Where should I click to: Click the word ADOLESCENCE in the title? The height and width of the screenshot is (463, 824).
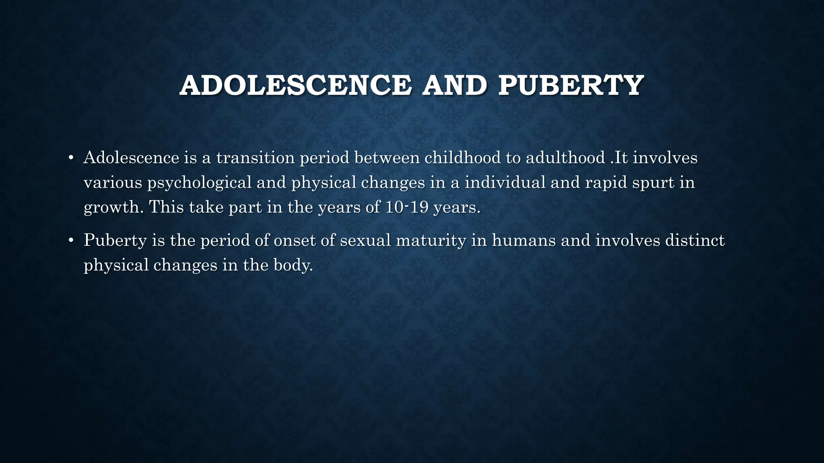pyautogui.click(x=296, y=86)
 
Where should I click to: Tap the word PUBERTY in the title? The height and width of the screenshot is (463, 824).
pyautogui.click(x=571, y=86)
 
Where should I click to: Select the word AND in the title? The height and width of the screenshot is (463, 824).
pyautogui.click(x=455, y=86)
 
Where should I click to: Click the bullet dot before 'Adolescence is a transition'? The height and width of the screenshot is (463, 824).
pyautogui.click(x=71, y=158)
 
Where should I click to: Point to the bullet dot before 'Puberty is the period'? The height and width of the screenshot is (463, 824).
pyautogui.click(x=71, y=240)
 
